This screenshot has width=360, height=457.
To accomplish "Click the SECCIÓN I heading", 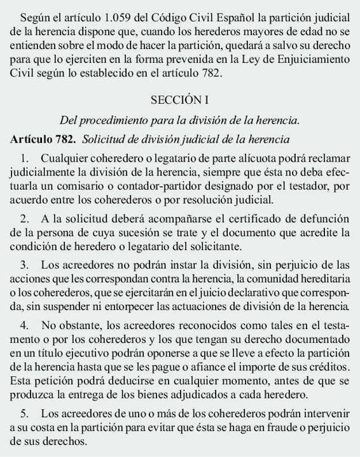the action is point(180,100).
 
